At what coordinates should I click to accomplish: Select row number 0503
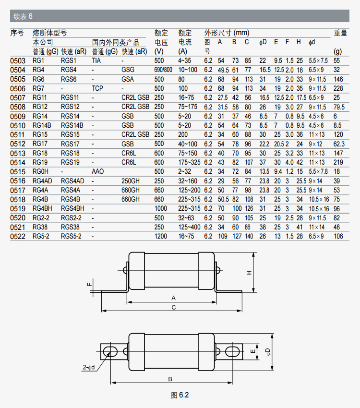click(18, 60)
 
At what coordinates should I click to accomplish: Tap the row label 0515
click(18, 171)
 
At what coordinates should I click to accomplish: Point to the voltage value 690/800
click(163, 70)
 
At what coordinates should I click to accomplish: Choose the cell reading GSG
click(128, 70)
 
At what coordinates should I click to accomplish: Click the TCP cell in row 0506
click(97, 88)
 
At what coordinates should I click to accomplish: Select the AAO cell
click(97, 171)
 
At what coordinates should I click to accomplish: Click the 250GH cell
click(131, 180)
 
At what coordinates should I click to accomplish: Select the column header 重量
click(340, 33)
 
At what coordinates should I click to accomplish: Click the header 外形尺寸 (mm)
click(227, 33)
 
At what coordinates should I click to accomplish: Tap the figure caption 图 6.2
click(180, 395)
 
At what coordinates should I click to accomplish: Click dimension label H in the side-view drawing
click(249, 272)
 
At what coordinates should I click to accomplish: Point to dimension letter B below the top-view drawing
click(170, 379)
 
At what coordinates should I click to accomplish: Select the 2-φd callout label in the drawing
click(88, 368)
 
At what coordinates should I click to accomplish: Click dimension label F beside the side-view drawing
click(89, 284)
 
